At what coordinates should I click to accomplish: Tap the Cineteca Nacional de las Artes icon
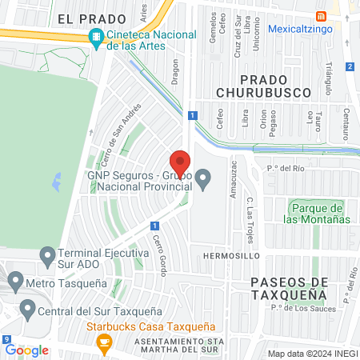97,36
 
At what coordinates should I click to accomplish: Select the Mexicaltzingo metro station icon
322,17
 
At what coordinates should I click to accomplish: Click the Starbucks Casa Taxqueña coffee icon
102,342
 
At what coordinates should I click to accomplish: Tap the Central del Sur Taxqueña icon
26,308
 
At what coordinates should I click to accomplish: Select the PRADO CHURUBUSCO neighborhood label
274,86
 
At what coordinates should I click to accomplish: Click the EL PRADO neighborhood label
93,18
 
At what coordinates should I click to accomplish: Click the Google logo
26,350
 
